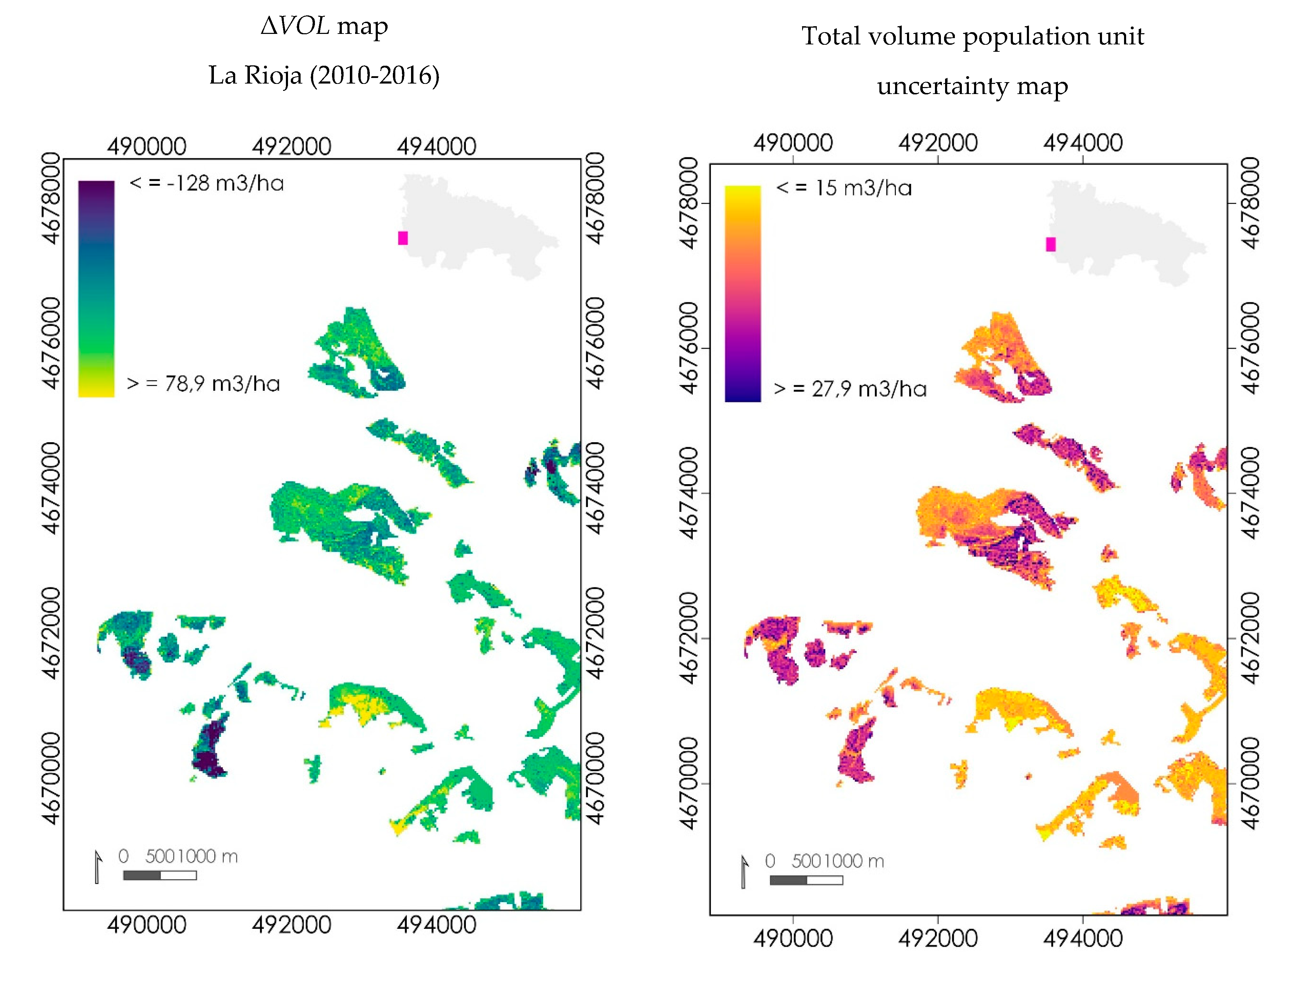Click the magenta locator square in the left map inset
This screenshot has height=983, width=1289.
402,238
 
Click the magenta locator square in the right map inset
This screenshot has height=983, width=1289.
1050,244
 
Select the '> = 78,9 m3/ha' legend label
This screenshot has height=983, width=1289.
203,384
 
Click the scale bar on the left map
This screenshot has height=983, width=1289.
160,875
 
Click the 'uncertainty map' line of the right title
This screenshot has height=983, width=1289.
972,86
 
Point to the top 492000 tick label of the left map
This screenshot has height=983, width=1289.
291,146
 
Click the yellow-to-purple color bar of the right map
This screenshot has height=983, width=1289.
743,294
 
